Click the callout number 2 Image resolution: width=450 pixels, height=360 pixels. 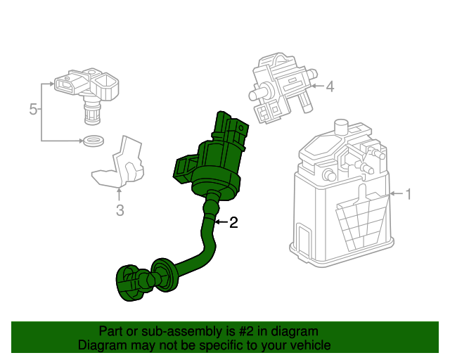coord(233,223)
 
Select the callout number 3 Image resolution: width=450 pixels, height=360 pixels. coord(120,210)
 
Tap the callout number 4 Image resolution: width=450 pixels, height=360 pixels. coord(329,87)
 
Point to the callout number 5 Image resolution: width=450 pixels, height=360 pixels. coord(32,109)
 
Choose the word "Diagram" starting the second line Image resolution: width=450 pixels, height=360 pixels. coord(101,345)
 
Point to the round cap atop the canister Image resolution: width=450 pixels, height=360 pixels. coord(342,127)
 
